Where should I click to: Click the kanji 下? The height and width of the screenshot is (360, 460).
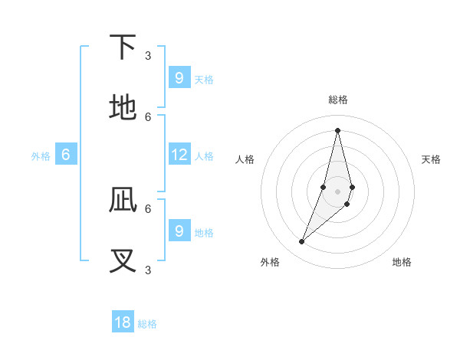click(123, 47)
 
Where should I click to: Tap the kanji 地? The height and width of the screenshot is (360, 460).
click(123, 108)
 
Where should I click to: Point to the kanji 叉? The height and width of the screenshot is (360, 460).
click(123, 261)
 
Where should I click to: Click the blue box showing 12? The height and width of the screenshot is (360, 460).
click(179, 155)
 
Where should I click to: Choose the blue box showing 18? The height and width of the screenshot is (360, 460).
click(123, 322)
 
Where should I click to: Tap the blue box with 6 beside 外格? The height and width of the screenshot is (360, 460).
click(66, 155)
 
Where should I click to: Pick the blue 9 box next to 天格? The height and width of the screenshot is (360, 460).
click(179, 78)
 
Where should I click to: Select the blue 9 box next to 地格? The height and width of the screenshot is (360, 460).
click(179, 231)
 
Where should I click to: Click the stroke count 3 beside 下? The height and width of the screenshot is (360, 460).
click(148, 55)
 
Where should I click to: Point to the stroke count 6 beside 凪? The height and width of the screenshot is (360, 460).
click(148, 208)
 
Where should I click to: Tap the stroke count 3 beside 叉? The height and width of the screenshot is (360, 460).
click(148, 269)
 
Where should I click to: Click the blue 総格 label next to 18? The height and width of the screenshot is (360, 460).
click(147, 324)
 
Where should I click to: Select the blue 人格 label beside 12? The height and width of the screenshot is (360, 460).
click(204, 156)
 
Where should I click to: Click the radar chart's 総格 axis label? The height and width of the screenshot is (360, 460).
click(338, 100)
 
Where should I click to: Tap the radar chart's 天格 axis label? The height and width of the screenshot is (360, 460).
click(431, 159)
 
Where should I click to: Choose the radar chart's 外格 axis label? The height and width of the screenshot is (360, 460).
click(270, 262)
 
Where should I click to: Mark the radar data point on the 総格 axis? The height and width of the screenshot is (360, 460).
click(337, 130)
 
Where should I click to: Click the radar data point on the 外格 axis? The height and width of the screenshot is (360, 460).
click(301, 242)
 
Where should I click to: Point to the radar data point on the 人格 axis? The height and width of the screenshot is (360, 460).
click(324, 187)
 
